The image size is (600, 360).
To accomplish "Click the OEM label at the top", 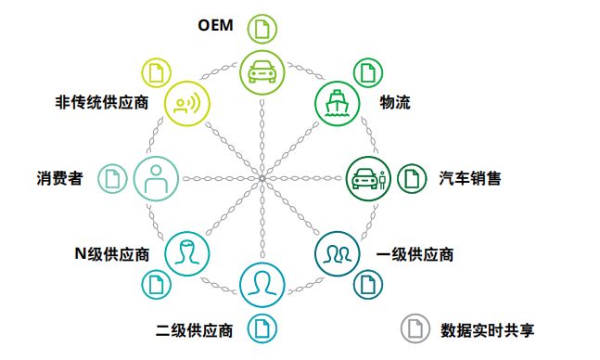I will pyautogui.click(x=217, y=25).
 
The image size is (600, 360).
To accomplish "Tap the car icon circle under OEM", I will pyautogui.click(x=262, y=71).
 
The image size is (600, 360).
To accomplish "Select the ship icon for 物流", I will pyautogui.click(x=337, y=102).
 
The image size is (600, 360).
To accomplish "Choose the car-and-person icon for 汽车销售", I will pyautogui.click(x=368, y=176).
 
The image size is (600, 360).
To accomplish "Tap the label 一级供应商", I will pyautogui.click(x=414, y=252).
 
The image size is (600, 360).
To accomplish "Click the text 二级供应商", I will pyautogui.click(x=194, y=328).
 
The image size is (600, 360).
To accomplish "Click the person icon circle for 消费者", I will pyautogui.click(x=155, y=176).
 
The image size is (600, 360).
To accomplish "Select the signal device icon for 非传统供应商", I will pyautogui.click(x=186, y=102).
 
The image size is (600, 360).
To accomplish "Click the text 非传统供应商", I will pyautogui.click(x=101, y=102).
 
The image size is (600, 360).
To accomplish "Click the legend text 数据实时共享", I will pyautogui.click(x=488, y=329).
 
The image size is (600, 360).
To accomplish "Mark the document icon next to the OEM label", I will pyautogui.click(x=262, y=28).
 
